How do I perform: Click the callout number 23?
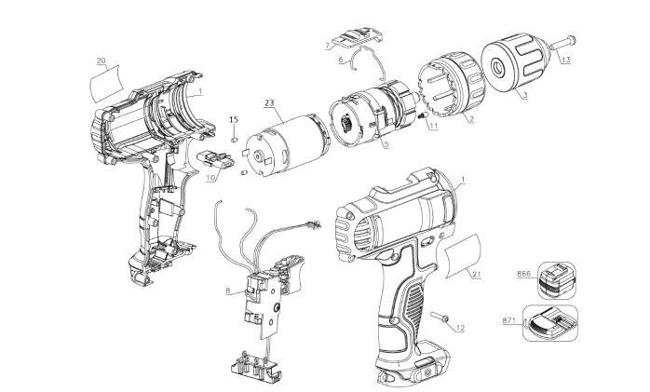[x=268, y=102]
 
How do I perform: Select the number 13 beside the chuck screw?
[x=564, y=61]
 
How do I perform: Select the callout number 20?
[x=101, y=61]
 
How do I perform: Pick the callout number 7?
[x=329, y=45]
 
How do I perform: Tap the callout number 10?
[x=210, y=176]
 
